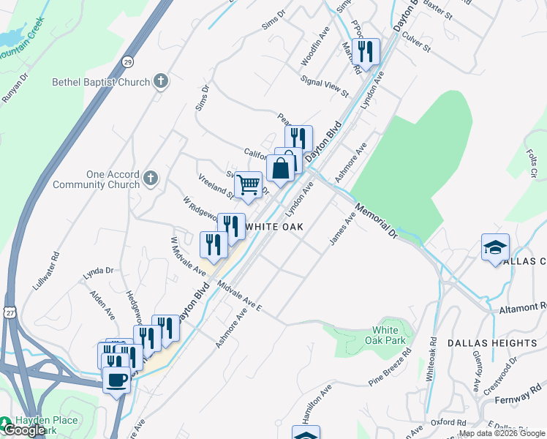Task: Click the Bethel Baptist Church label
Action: pyautogui.click(x=101, y=82)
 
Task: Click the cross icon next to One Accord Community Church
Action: pyautogui.click(x=151, y=178)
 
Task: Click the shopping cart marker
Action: pyautogui.click(x=249, y=184)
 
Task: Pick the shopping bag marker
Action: pyautogui.click(x=281, y=168)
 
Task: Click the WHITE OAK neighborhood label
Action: pyautogui.click(x=274, y=227)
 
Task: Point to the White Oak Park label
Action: pyautogui.click(x=385, y=335)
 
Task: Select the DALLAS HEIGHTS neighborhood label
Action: pyautogui.click(x=491, y=342)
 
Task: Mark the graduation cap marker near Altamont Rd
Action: pyautogui.click(x=495, y=247)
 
